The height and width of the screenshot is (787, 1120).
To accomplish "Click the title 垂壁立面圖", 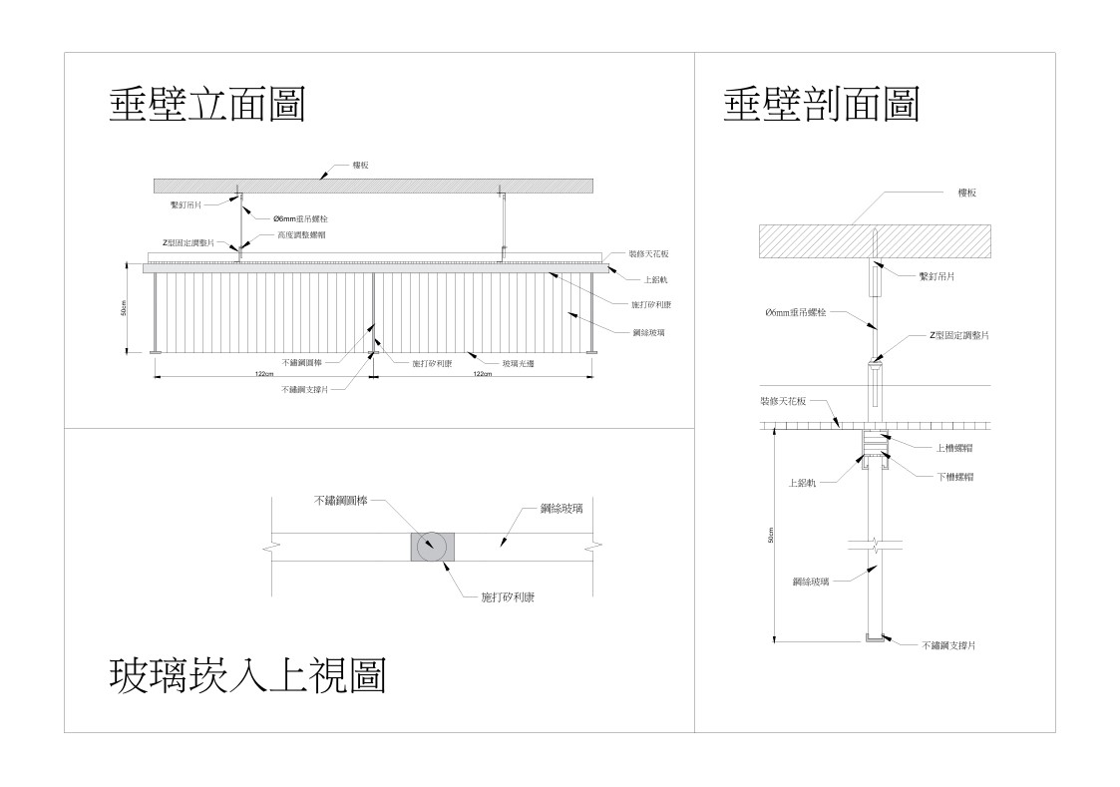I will pyautogui.click(x=206, y=105).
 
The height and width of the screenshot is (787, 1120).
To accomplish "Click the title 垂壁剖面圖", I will pyautogui.click(x=821, y=104).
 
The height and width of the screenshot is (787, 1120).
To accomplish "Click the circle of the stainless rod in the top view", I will pyautogui.click(x=434, y=547).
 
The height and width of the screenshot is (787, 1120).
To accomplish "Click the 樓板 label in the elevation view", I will pyautogui.click(x=360, y=165).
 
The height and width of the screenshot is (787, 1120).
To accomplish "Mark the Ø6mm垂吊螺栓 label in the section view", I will pyautogui.click(x=796, y=312).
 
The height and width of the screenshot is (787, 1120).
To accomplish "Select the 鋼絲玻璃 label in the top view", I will pyautogui.click(x=561, y=509).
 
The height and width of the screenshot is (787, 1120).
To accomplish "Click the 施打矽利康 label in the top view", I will pyautogui.click(x=503, y=596).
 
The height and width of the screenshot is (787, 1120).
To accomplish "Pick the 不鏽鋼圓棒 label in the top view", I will pyautogui.click(x=341, y=500).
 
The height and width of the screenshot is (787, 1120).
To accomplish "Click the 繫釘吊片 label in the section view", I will pyautogui.click(x=936, y=275).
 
